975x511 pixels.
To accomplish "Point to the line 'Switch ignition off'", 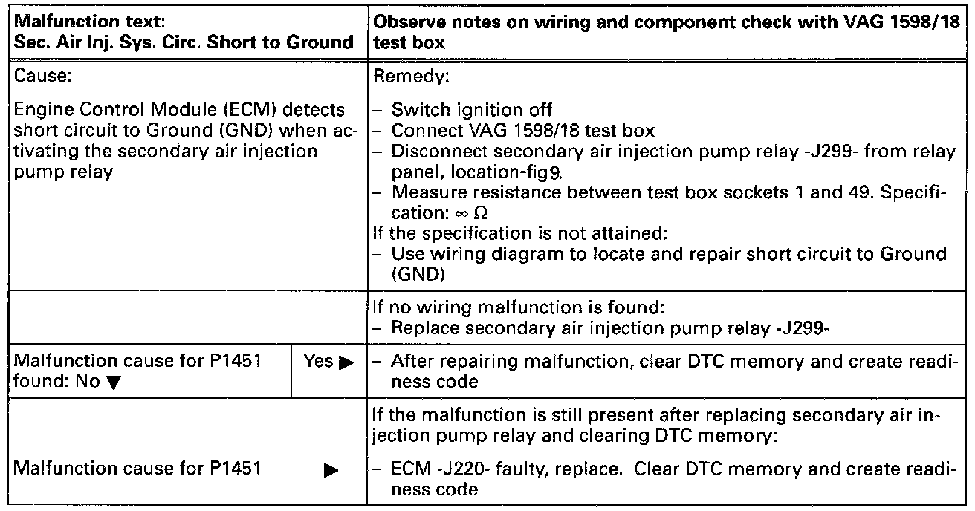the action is click(x=472, y=110).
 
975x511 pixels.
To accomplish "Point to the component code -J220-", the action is click(x=447, y=469).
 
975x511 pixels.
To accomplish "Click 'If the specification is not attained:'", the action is click(x=519, y=233).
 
